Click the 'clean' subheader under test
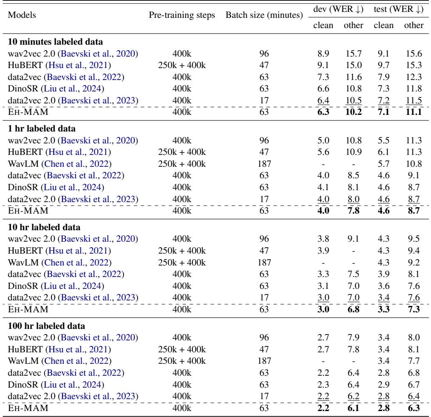pos(383,26)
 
